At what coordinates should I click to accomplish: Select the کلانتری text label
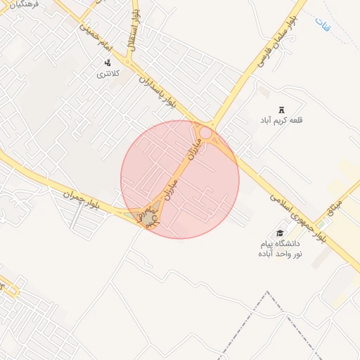(x=108, y=73)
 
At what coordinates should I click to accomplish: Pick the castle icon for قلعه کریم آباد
(x=282, y=110)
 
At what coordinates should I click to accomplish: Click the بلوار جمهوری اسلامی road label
(x=295, y=204)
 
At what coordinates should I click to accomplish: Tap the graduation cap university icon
(x=280, y=233)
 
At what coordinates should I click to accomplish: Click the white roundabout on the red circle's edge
(x=205, y=132)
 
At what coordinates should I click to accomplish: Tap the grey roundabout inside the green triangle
(x=148, y=219)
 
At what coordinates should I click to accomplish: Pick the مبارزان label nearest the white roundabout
(x=195, y=148)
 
